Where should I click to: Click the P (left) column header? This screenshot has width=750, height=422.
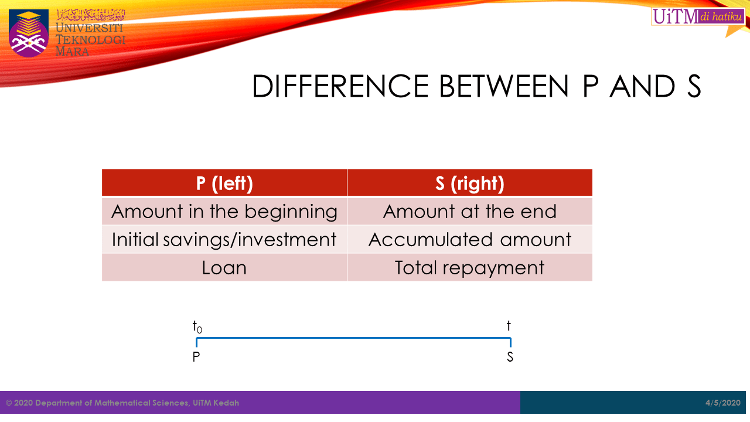click(224, 183)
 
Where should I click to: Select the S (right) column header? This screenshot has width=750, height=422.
click(470, 183)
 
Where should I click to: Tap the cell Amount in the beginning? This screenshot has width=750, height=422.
click(224, 211)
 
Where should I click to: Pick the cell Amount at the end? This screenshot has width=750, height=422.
click(470, 211)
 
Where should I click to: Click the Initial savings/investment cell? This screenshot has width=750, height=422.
click(224, 239)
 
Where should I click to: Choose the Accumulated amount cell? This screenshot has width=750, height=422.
click(470, 239)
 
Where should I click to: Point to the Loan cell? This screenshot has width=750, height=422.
click(224, 267)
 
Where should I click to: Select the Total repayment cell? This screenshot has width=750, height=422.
click(470, 267)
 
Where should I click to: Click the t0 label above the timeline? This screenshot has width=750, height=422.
click(197, 327)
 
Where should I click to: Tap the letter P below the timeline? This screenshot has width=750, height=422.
click(196, 357)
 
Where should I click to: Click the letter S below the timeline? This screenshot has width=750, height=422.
click(510, 357)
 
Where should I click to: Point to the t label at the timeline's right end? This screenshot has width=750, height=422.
click(509, 326)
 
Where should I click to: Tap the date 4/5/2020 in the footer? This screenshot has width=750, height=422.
click(723, 403)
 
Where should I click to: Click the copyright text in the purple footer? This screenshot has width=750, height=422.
click(122, 403)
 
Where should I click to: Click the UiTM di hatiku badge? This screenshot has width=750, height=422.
click(697, 17)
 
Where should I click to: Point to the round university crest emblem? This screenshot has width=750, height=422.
click(29, 33)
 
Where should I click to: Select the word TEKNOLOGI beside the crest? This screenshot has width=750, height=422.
click(90, 40)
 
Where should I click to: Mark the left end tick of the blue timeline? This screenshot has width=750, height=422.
click(197, 342)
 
